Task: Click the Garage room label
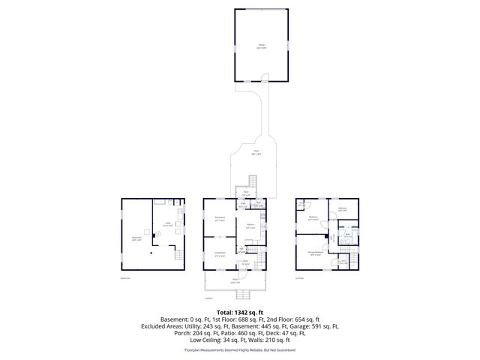pyautogui.click(x=262, y=46)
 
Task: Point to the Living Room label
pyautogui.click(x=220, y=255)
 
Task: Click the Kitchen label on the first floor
pyautogui.click(x=250, y=226)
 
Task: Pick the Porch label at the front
pyautogui.click(x=235, y=282)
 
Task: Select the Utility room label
pyautogui.click(x=168, y=224)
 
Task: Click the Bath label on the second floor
pyautogui.click(x=347, y=235)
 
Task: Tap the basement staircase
pyautogui.click(x=178, y=256)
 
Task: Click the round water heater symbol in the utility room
pyautogui.click(x=158, y=233)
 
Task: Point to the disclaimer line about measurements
pyautogui.click(x=239, y=350)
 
